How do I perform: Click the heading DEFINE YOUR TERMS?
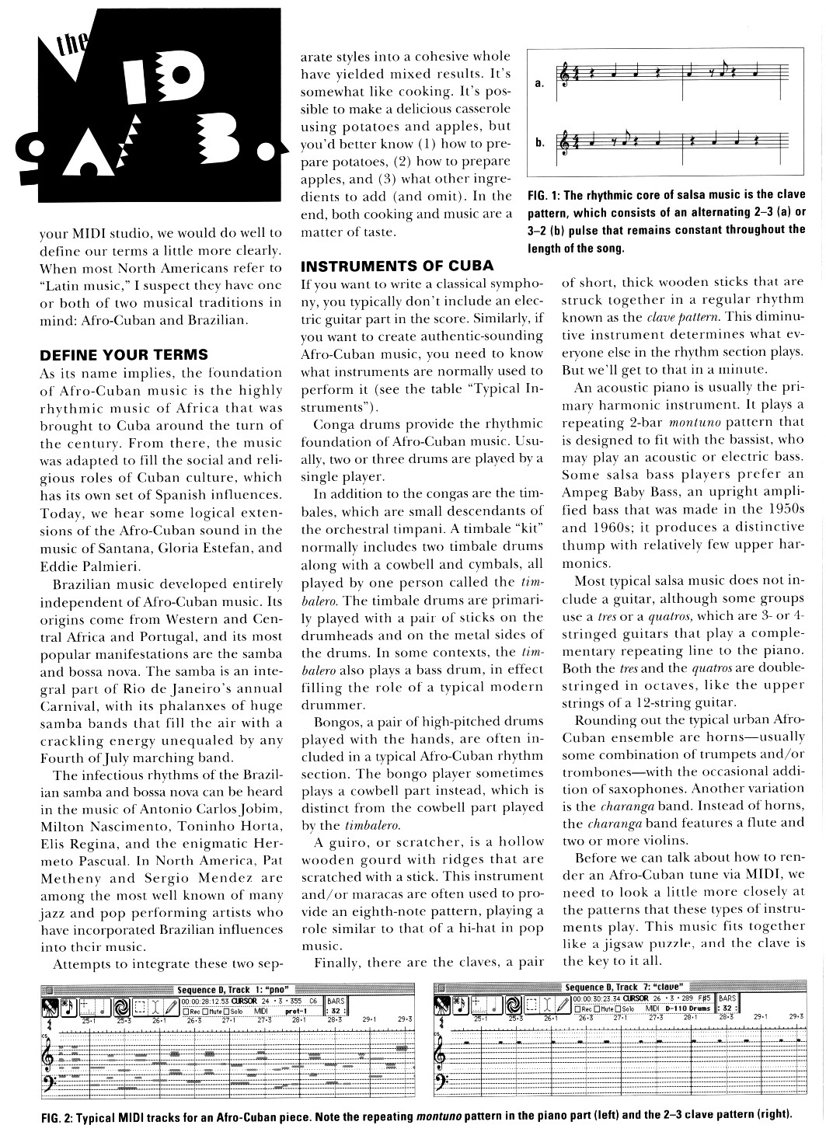[x=124, y=355]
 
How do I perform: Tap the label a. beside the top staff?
[x=539, y=84]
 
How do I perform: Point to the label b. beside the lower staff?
[x=539, y=143]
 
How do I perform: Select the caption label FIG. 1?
[x=544, y=194]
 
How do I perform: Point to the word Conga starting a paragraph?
[x=331, y=424]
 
